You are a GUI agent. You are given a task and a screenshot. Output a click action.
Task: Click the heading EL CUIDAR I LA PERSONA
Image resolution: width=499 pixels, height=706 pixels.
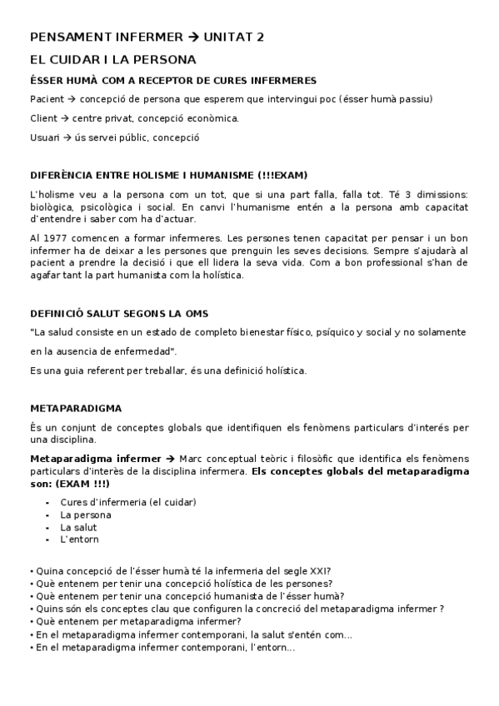click(x=112, y=59)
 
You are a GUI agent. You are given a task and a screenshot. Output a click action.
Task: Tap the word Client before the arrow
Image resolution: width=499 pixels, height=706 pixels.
click(x=42, y=118)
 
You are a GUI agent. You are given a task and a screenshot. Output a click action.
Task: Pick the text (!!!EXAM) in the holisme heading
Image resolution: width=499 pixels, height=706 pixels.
click(x=277, y=175)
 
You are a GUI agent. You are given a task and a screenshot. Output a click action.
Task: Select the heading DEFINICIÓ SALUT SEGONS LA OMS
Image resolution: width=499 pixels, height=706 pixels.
click(x=118, y=313)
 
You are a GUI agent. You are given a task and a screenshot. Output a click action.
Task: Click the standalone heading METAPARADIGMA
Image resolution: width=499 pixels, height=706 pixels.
click(x=75, y=408)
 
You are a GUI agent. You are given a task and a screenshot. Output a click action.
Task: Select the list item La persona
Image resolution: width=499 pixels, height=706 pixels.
click(x=86, y=515)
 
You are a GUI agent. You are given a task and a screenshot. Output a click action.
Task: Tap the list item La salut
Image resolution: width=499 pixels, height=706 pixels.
click(x=78, y=527)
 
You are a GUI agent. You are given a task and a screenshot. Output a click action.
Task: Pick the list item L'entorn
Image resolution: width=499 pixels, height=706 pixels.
click(x=79, y=539)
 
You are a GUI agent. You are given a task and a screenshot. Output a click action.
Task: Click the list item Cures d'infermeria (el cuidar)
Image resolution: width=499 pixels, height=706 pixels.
click(x=127, y=502)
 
